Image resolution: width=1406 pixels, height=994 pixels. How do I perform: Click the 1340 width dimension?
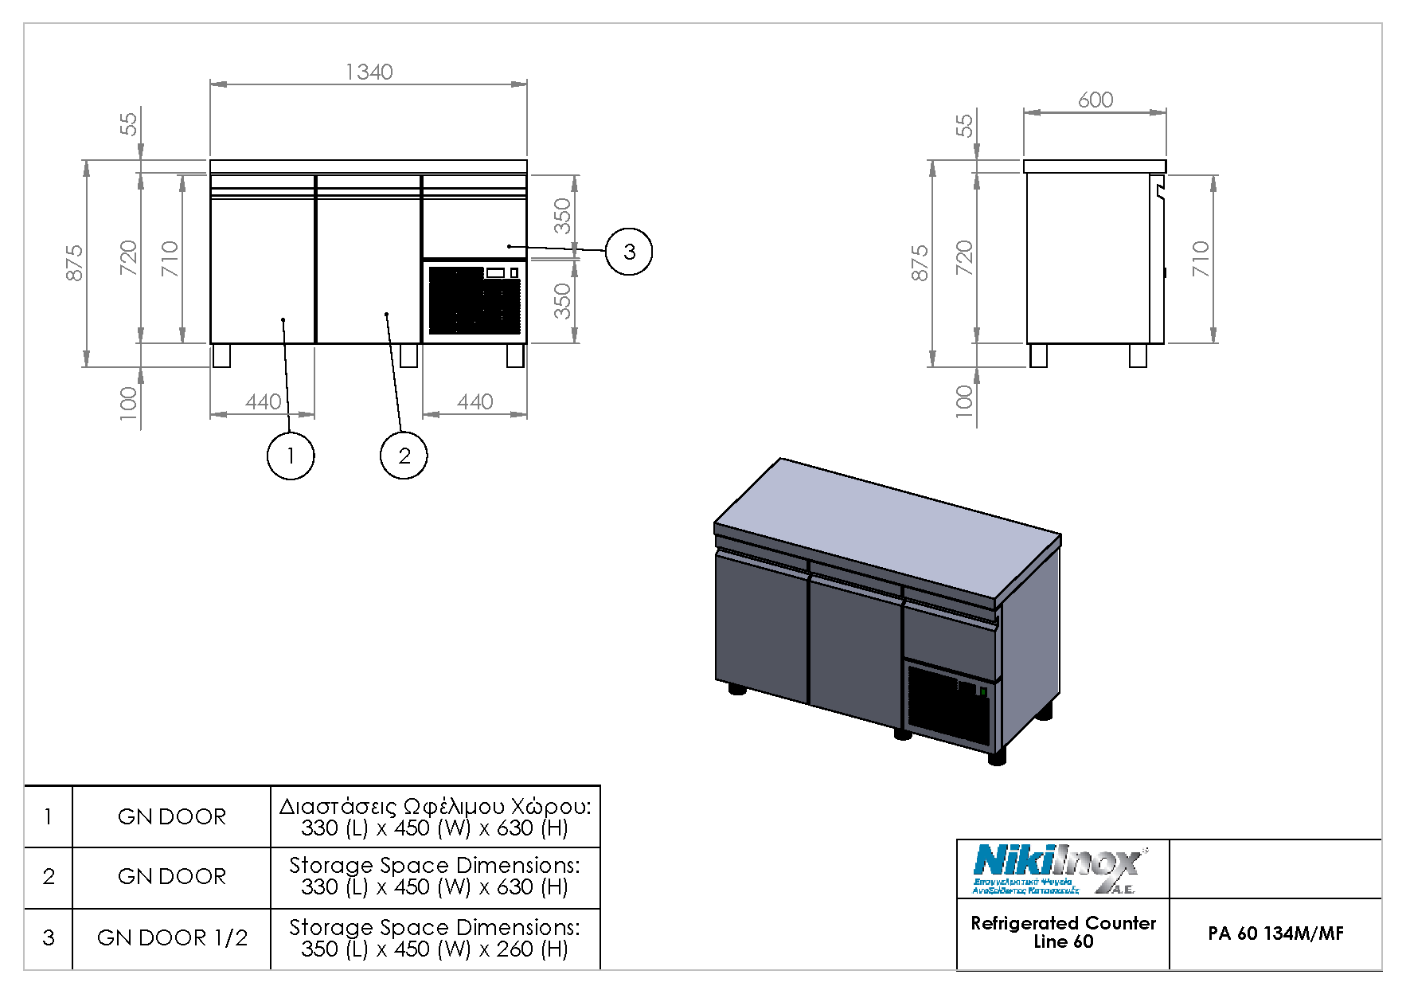(x=369, y=72)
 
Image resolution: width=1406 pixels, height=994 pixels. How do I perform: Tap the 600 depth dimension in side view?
(x=1095, y=100)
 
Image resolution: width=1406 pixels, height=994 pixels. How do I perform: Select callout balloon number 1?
(x=290, y=456)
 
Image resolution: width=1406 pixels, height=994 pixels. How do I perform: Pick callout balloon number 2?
(x=404, y=456)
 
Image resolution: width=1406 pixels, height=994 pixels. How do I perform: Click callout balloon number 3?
(x=629, y=252)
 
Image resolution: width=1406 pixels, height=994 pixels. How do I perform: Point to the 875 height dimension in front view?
(x=74, y=263)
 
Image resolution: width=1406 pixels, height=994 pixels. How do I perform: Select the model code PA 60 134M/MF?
(x=1275, y=933)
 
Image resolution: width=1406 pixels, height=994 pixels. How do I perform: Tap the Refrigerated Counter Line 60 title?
(x=1063, y=932)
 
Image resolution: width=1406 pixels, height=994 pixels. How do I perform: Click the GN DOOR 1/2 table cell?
(x=172, y=938)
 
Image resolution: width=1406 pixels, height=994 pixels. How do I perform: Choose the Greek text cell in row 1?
(x=435, y=817)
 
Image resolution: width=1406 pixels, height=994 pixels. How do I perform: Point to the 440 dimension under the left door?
(x=263, y=401)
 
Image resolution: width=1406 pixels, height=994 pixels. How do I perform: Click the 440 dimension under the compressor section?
(x=475, y=401)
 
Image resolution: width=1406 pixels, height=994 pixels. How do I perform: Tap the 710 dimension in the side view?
(x=1201, y=259)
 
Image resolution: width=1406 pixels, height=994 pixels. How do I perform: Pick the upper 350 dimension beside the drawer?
(x=562, y=216)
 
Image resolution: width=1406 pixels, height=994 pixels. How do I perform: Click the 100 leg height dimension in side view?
(x=964, y=398)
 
